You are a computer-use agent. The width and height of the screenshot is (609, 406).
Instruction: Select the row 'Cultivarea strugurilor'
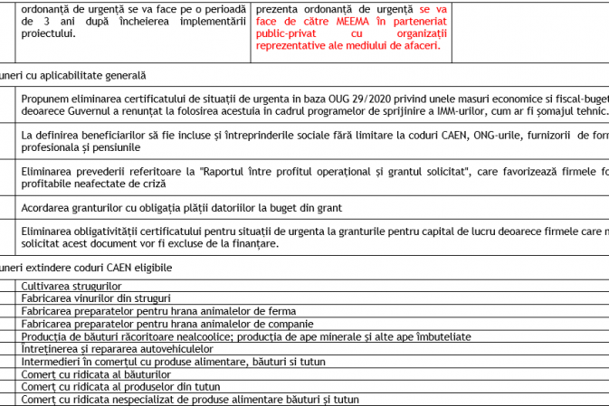pyautogui.click(x=71, y=286)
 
